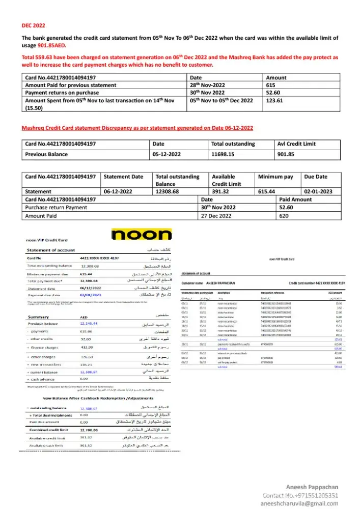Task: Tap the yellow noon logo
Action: [141, 235]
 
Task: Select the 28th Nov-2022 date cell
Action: [208, 85]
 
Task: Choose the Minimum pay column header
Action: [275, 177]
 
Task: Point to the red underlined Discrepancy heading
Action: [137, 128]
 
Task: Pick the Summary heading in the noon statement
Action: [39, 317]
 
